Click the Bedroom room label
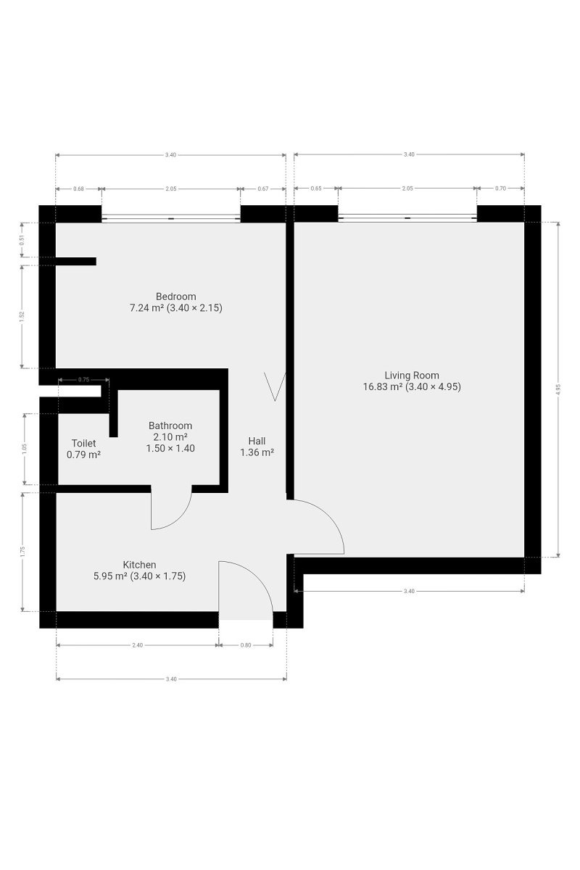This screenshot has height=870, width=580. click(175, 297)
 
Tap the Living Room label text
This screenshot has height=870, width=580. click(412, 376)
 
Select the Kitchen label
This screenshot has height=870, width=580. click(139, 565)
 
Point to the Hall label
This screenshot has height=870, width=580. click(257, 441)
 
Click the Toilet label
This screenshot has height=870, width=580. click(83, 443)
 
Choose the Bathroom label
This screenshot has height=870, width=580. click(170, 426)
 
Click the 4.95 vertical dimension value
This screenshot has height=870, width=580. click(559, 389)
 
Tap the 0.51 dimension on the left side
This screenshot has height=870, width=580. click(22, 240)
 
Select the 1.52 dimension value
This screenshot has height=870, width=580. click(22, 317)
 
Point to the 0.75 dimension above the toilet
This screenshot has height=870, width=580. click(83, 379)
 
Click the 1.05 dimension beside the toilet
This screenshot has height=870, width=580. click(25, 449)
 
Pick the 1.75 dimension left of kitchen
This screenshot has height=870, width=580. click(22, 552)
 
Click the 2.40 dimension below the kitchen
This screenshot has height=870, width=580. click(138, 645)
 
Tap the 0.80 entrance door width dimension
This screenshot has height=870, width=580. click(246, 645)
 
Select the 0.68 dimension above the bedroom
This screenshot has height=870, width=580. click(78, 188)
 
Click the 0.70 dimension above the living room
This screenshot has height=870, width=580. click(500, 188)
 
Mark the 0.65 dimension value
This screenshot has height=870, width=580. click(316, 188)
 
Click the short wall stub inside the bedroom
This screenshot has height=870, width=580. click(76, 262)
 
